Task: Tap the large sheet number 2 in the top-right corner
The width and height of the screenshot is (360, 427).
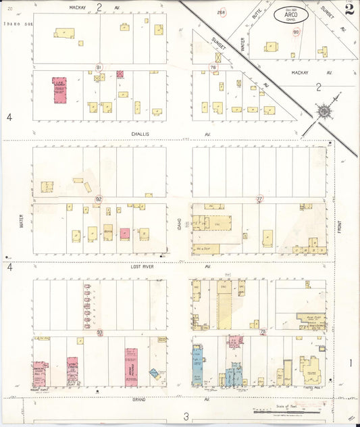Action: tap(349, 9)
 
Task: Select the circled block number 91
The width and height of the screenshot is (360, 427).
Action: tap(99, 68)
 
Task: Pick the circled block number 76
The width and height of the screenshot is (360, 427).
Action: tap(213, 68)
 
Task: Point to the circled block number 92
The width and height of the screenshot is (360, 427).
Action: tap(99, 199)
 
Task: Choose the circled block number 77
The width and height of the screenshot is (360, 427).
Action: tap(259, 199)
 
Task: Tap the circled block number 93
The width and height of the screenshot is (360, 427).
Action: tap(100, 332)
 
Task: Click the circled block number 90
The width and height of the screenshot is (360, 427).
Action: tap(296, 32)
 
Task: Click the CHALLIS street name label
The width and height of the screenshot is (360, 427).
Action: tap(140, 134)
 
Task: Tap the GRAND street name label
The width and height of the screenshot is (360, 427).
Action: tap(139, 399)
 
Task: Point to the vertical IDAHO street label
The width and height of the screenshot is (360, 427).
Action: tap(179, 223)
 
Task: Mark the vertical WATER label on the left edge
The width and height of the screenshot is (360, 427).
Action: tap(21, 220)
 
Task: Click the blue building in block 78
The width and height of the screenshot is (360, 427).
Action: tap(197, 365)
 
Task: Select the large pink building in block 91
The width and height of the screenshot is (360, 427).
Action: tap(59, 90)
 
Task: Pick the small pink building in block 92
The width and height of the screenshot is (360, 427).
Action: tap(125, 234)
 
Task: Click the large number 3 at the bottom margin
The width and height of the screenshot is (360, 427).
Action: tap(186, 417)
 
